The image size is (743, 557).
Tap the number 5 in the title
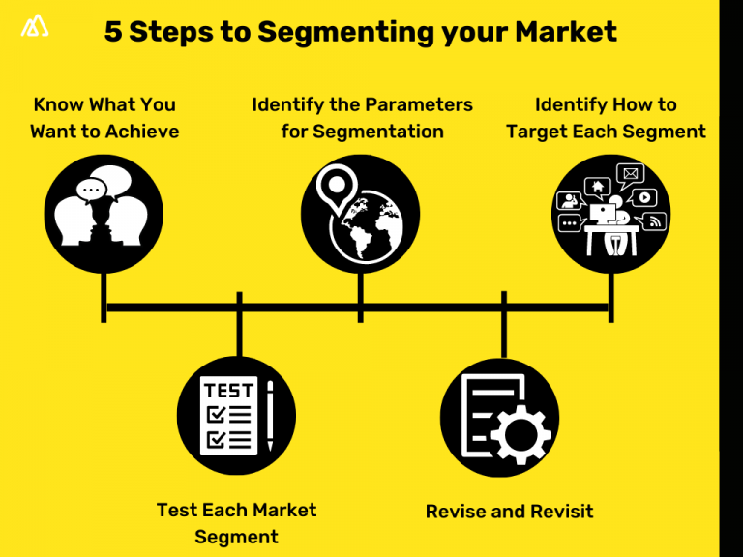113,32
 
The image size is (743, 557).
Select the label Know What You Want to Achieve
104,118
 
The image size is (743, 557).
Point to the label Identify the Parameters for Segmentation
362,118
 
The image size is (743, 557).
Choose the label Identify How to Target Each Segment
606,118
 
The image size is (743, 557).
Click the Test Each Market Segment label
236,522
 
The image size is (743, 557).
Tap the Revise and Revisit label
509,511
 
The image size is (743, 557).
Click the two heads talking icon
104,214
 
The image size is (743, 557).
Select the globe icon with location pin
360,214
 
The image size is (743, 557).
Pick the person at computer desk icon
610,214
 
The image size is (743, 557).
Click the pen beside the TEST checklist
270,416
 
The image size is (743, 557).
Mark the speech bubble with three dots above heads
93,191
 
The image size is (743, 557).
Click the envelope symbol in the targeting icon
631,175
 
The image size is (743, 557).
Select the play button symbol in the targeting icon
646,197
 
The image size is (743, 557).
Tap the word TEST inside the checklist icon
228,391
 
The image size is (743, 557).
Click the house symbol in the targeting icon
598,186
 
